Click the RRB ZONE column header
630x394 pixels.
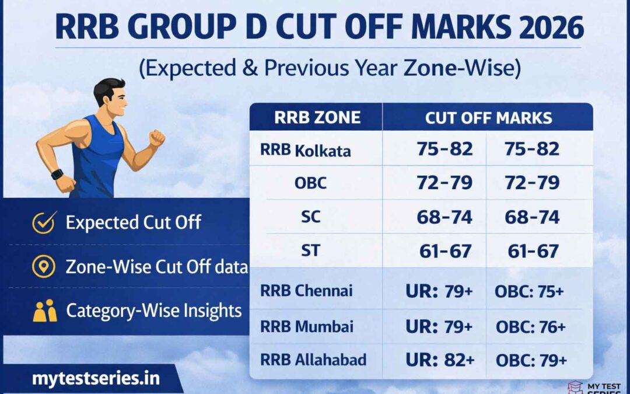pos(317,117)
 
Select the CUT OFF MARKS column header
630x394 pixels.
pos(488,117)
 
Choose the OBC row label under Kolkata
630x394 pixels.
pos(310,183)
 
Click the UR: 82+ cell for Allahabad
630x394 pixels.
pos(439,360)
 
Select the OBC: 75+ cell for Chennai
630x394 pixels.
pos(529,291)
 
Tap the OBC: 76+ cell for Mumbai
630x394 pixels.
pos(530,326)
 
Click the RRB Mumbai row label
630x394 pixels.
pos(307,326)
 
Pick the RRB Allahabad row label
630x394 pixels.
pos(313,360)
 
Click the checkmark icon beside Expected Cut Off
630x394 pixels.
pos(44,222)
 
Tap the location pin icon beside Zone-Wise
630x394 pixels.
pos(44,267)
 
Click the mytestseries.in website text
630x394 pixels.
pos(96,379)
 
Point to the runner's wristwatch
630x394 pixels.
pos(57,174)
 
